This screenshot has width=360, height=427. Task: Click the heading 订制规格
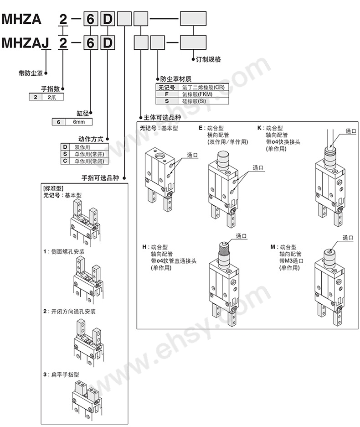coord(208,59)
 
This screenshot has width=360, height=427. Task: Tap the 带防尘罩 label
coord(31,73)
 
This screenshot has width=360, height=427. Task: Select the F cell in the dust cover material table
coord(167,94)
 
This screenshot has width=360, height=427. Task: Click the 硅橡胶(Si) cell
coord(194,101)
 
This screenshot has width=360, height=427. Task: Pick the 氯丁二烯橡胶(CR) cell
coord(203,88)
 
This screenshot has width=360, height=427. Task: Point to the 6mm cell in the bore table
coord(79,122)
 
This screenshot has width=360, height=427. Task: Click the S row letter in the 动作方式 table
coord(65,154)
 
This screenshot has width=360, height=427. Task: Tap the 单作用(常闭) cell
coord(89,161)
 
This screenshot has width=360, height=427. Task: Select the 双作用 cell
coord(82,147)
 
